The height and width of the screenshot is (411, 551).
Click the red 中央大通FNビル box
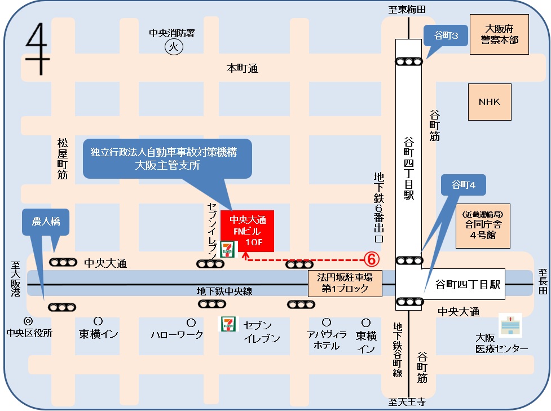click(247, 231)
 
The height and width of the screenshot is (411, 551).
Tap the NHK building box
click(490, 102)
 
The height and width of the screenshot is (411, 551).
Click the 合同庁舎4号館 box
click(483, 226)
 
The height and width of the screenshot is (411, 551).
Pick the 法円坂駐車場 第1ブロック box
click(345, 283)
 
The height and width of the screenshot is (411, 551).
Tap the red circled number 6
click(371, 259)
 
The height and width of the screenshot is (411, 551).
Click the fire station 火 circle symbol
click(174, 47)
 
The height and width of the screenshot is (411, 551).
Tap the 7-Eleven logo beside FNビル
click(228, 249)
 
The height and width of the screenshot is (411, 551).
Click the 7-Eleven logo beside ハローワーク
click(228, 324)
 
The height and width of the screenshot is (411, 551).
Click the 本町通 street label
click(242, 68)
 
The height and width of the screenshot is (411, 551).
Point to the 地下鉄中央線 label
click(224, 291)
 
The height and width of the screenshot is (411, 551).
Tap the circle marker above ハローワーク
click(191, 322)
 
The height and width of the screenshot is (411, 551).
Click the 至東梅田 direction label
click(407, 9)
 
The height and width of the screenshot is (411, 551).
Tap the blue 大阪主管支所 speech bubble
click(167, 158)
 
